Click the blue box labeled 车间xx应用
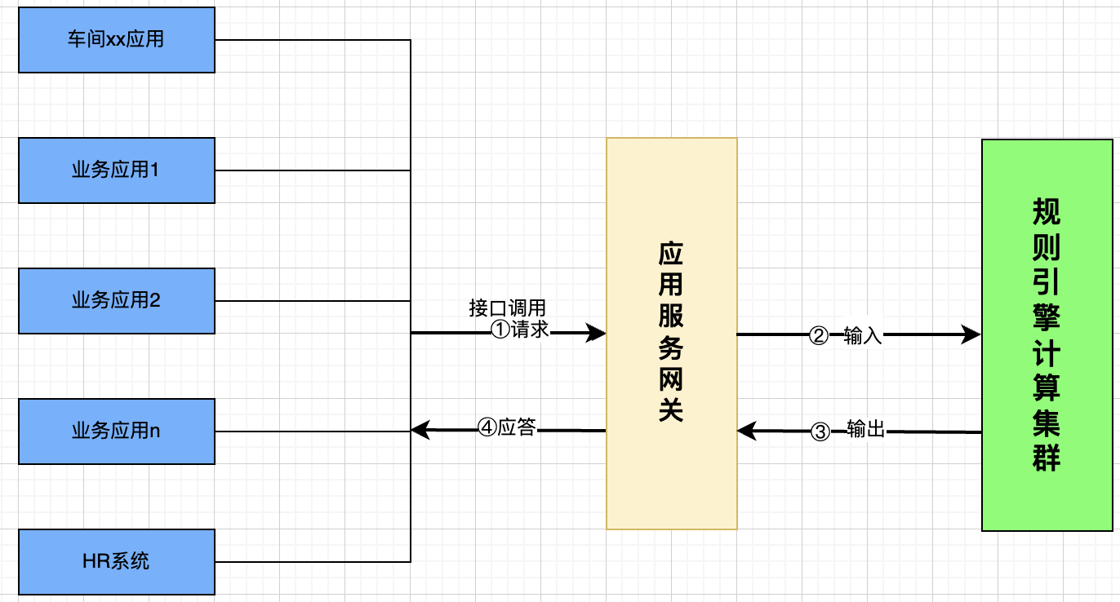click(x=116, y=40)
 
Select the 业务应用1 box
click(x=116, y=170)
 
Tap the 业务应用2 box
click(x=116, y=300)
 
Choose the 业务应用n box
click(x=116, y=431)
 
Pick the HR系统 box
click(x=116, y=561)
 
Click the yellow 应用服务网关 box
click(x=671, y=333)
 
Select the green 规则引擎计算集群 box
click(x=1047, y=335)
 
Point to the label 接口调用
click(x=507, y=308)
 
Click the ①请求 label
click(x=519, y=330)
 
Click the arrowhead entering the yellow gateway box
click(x=597, y=333)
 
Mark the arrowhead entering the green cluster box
click(x=971, y=334)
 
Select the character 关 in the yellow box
click(x=671, y=409)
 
